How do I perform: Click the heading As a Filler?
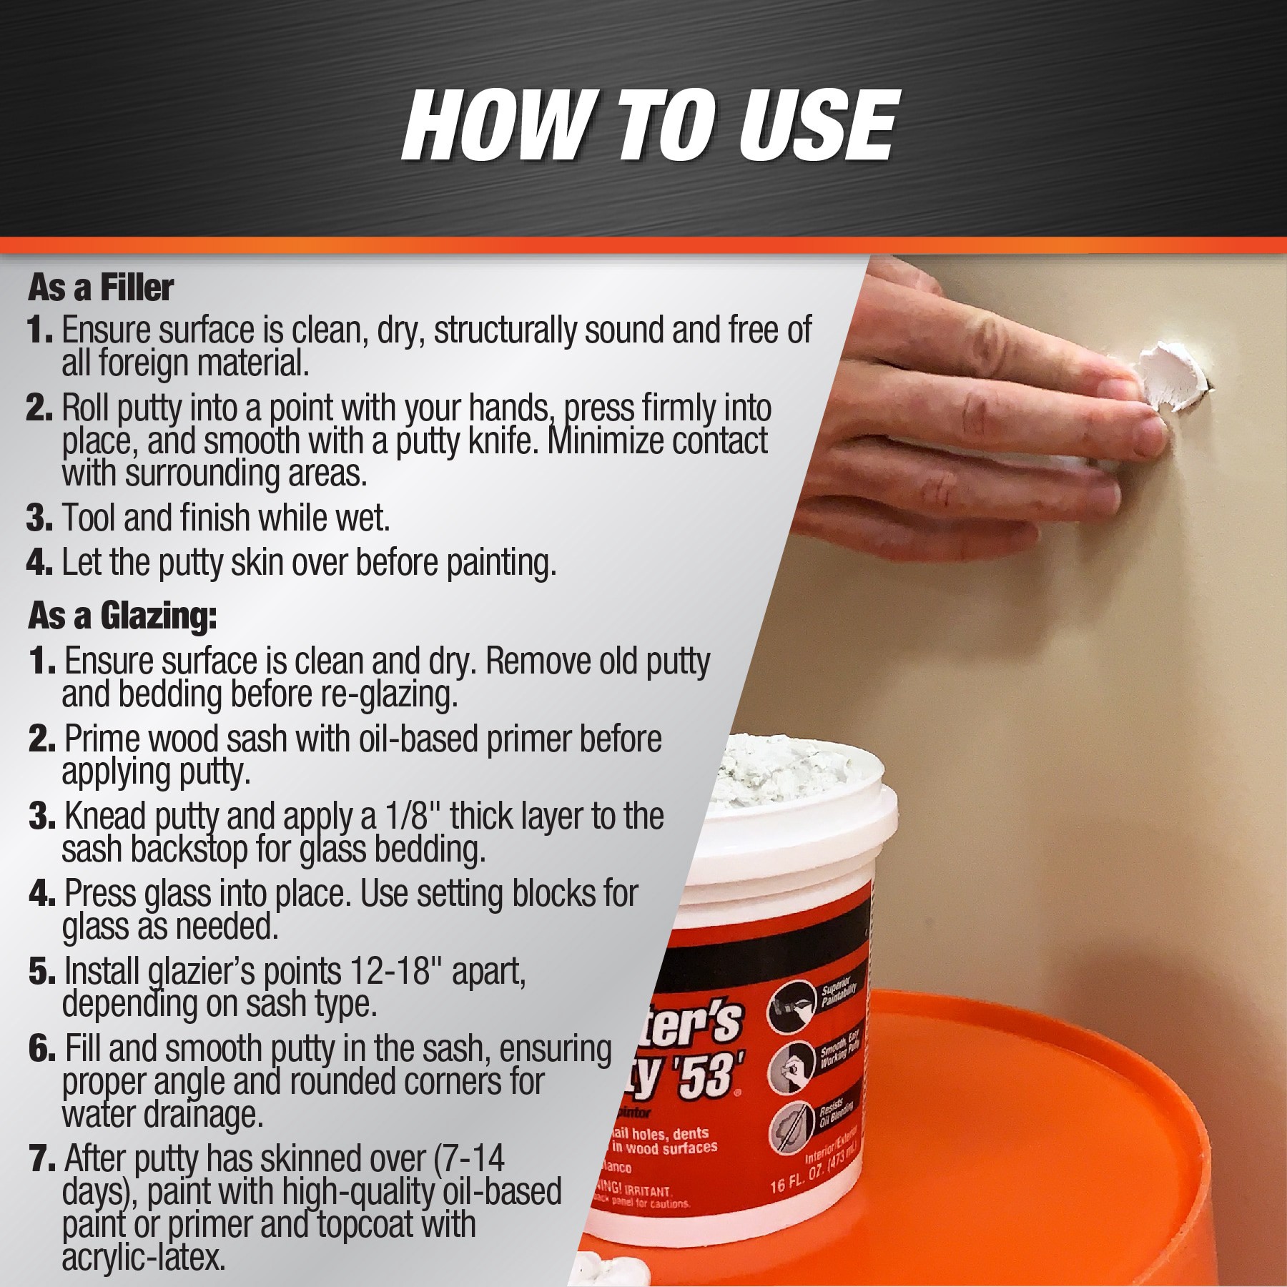101,288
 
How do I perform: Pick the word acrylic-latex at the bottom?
144,1257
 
